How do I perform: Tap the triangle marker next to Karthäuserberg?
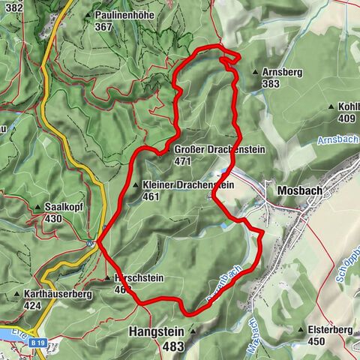16,295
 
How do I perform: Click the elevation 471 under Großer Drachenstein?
182,160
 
